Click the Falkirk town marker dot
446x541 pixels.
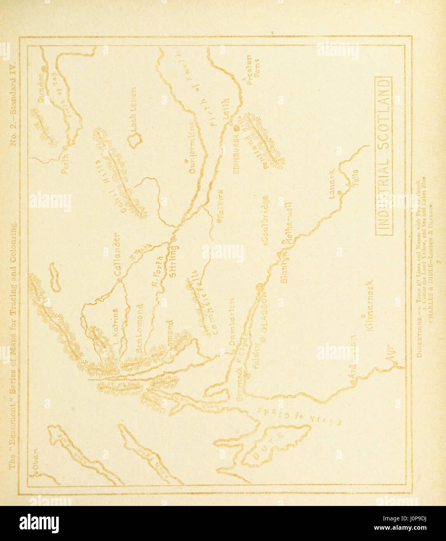(x=219, y=221)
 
